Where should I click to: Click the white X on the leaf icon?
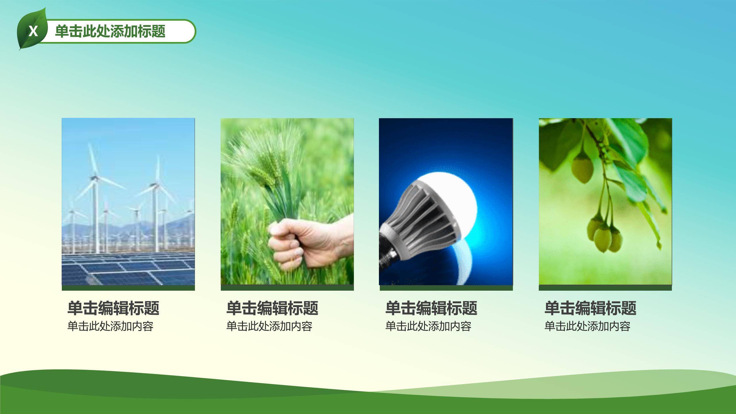pyautogui.click(x=33, y=31)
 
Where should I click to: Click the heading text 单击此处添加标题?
pyautogui.click(x=110, y=31)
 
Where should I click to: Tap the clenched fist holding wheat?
pyautogui.click(x=299, y=245)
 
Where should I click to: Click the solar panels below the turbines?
pyautogui.click(x=128, y=269)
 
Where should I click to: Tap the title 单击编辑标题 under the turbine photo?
pyautogui.click(x=113, y=308)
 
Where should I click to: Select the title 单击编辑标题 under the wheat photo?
pyautogui.click(x=272, y=308)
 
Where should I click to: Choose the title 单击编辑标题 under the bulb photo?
pyautogui.click(x=431, y=308)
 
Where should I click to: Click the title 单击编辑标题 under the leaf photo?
pyautogui.click(x=590, y=308)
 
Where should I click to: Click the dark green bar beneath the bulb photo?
pyautogui.click(x=446, y=288)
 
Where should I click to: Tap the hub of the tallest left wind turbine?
pyautogui.click(x=93, y=178)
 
